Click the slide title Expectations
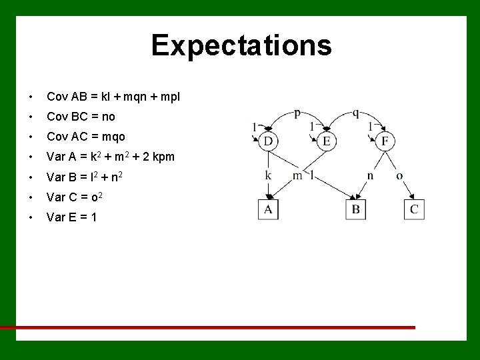241,45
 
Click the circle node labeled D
268,141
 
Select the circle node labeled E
327,141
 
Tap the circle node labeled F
385,141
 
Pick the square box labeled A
268,210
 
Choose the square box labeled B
356,210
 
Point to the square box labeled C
415,210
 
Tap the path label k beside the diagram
268,176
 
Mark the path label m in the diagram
297,176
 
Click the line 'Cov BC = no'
81,117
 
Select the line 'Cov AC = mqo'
85,137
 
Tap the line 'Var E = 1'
71,217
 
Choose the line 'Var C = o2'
74,197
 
